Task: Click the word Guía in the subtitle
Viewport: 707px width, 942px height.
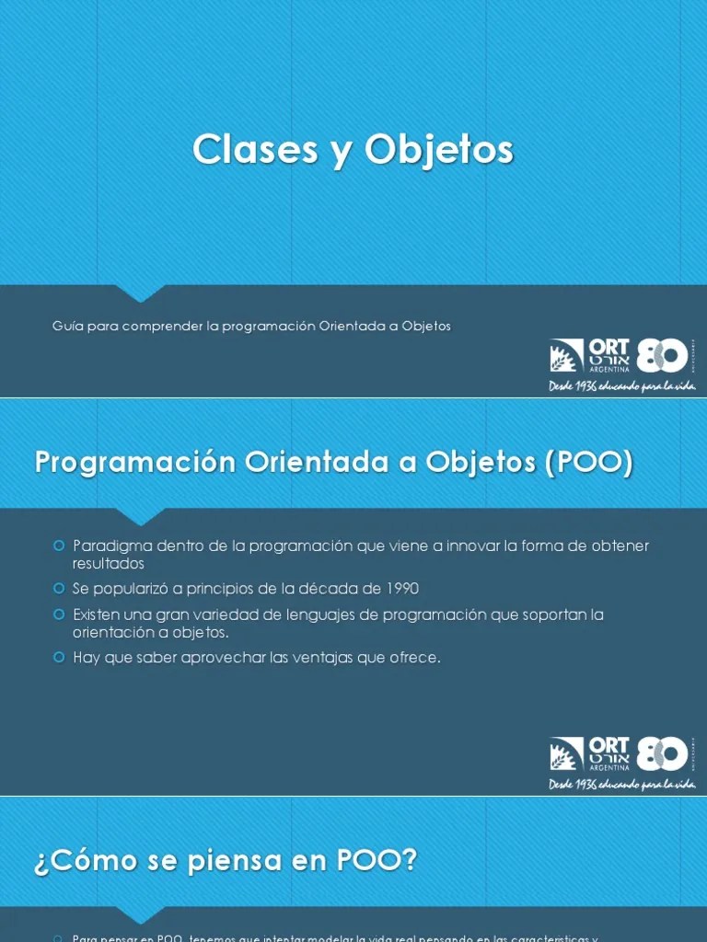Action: point(67,327)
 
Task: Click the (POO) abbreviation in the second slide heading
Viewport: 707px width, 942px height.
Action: point(589,463)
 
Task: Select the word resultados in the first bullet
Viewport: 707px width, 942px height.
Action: point(109,563)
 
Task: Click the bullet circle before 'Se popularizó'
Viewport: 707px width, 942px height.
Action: point(59,588)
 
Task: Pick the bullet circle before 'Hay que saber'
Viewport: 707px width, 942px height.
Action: point(59,657)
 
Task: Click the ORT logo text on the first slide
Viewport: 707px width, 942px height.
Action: point(608,348)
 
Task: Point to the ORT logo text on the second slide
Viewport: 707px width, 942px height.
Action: point(608,745)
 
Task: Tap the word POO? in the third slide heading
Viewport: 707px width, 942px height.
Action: point(378,861)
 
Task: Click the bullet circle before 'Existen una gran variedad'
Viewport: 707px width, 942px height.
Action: point(59,614)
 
